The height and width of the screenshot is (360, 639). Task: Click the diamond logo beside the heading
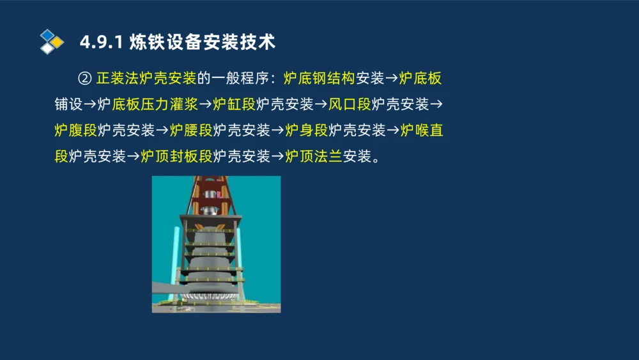(52, 42)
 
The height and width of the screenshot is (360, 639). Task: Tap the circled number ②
(85, 79)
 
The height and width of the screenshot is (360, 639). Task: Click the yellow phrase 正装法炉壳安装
(146, 79)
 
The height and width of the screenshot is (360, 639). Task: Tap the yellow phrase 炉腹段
(76, 131)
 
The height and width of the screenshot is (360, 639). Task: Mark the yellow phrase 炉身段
(307, 131)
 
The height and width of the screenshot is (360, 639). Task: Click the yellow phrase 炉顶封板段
(176, 157)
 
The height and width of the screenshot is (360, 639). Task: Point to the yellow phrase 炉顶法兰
(314, 157)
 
